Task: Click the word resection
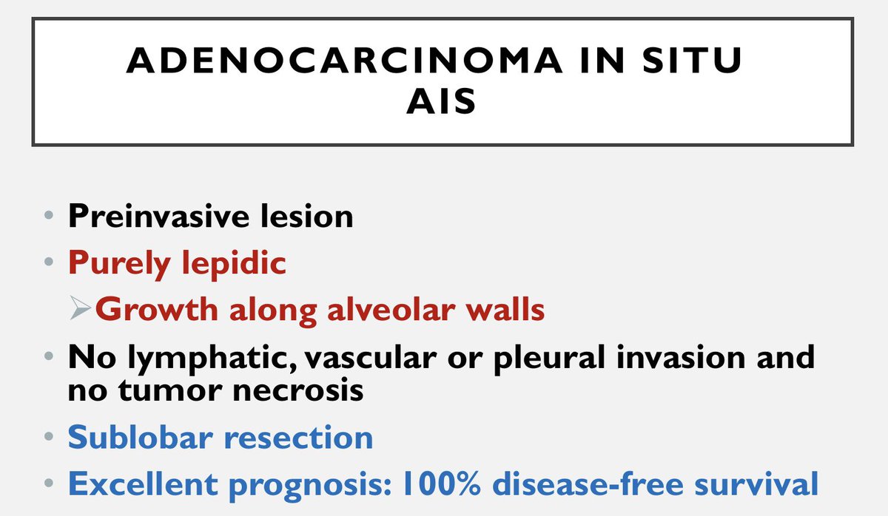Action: [x=299, y=437]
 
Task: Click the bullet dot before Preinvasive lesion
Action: [x=48, y=217]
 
